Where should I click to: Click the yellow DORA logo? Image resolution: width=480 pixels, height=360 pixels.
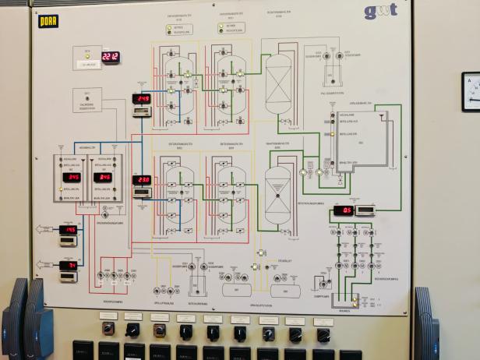pos(48,21)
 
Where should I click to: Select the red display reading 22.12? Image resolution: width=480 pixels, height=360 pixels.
pos(110,57)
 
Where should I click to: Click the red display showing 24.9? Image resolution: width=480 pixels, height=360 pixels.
pos(142,99)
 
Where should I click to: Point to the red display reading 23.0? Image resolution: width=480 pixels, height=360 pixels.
pos(142,180)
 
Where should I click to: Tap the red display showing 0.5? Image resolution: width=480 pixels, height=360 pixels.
pos(343,210)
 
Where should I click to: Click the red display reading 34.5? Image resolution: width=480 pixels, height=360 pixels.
pos(72,178)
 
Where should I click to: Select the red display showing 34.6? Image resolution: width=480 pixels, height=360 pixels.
pos(103,178)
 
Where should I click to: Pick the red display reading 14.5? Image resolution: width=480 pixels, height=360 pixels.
pos(69,229)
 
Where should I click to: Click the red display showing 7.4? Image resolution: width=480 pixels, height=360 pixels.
pos(69,266)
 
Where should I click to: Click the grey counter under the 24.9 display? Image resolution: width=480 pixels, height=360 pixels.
pos(142,111)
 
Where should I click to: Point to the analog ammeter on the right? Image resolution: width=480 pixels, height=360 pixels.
pos(471,90)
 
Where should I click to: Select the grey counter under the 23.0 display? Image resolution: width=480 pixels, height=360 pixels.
pos(142,192)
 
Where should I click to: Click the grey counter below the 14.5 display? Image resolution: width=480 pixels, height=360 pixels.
pos(69,241)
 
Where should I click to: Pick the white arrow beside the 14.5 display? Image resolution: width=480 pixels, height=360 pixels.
pos(46,229)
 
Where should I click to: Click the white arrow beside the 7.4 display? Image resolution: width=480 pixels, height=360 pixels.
pos(46,266)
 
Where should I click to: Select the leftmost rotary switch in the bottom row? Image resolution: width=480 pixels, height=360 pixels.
pos(108,330)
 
